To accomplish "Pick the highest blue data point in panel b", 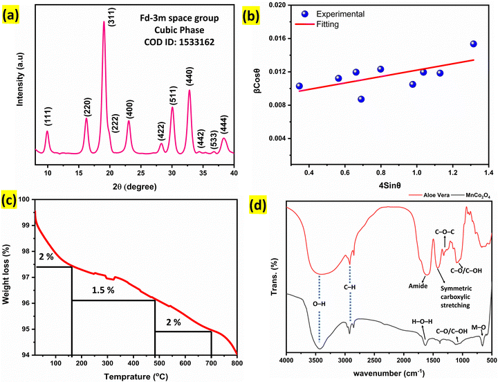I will [x=474, y=44].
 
